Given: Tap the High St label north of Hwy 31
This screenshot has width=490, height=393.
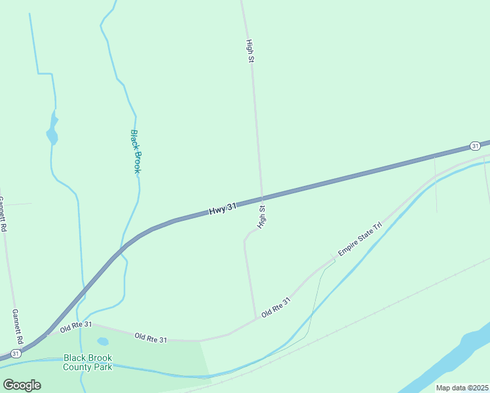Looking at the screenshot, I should point(250,51).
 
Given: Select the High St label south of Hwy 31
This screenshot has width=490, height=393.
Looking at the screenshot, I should point(263,217).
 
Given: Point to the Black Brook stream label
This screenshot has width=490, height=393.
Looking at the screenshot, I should point(136,151).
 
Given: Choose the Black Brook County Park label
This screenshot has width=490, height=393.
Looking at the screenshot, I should point(88,362).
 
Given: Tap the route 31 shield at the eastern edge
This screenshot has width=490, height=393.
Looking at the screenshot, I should point(475,145).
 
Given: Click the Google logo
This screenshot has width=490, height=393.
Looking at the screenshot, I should point(22,385).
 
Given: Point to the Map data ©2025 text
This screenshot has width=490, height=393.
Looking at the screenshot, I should point(461,388).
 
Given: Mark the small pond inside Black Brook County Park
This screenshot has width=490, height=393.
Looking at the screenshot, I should point(103,341).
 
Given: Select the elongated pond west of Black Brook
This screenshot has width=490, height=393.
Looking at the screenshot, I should point(52,129).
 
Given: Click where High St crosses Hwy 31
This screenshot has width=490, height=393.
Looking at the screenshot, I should point(262,197).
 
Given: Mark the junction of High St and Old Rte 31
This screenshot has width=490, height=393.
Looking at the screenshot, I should point(255,319).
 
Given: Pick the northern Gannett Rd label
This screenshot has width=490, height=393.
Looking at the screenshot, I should point(3,215).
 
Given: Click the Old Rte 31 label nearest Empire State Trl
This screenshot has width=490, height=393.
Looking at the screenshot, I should point(275,307).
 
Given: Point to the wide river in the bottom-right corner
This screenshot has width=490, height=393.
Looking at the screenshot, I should point(459,360).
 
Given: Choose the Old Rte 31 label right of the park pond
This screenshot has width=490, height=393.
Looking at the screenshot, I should point(151,338).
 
